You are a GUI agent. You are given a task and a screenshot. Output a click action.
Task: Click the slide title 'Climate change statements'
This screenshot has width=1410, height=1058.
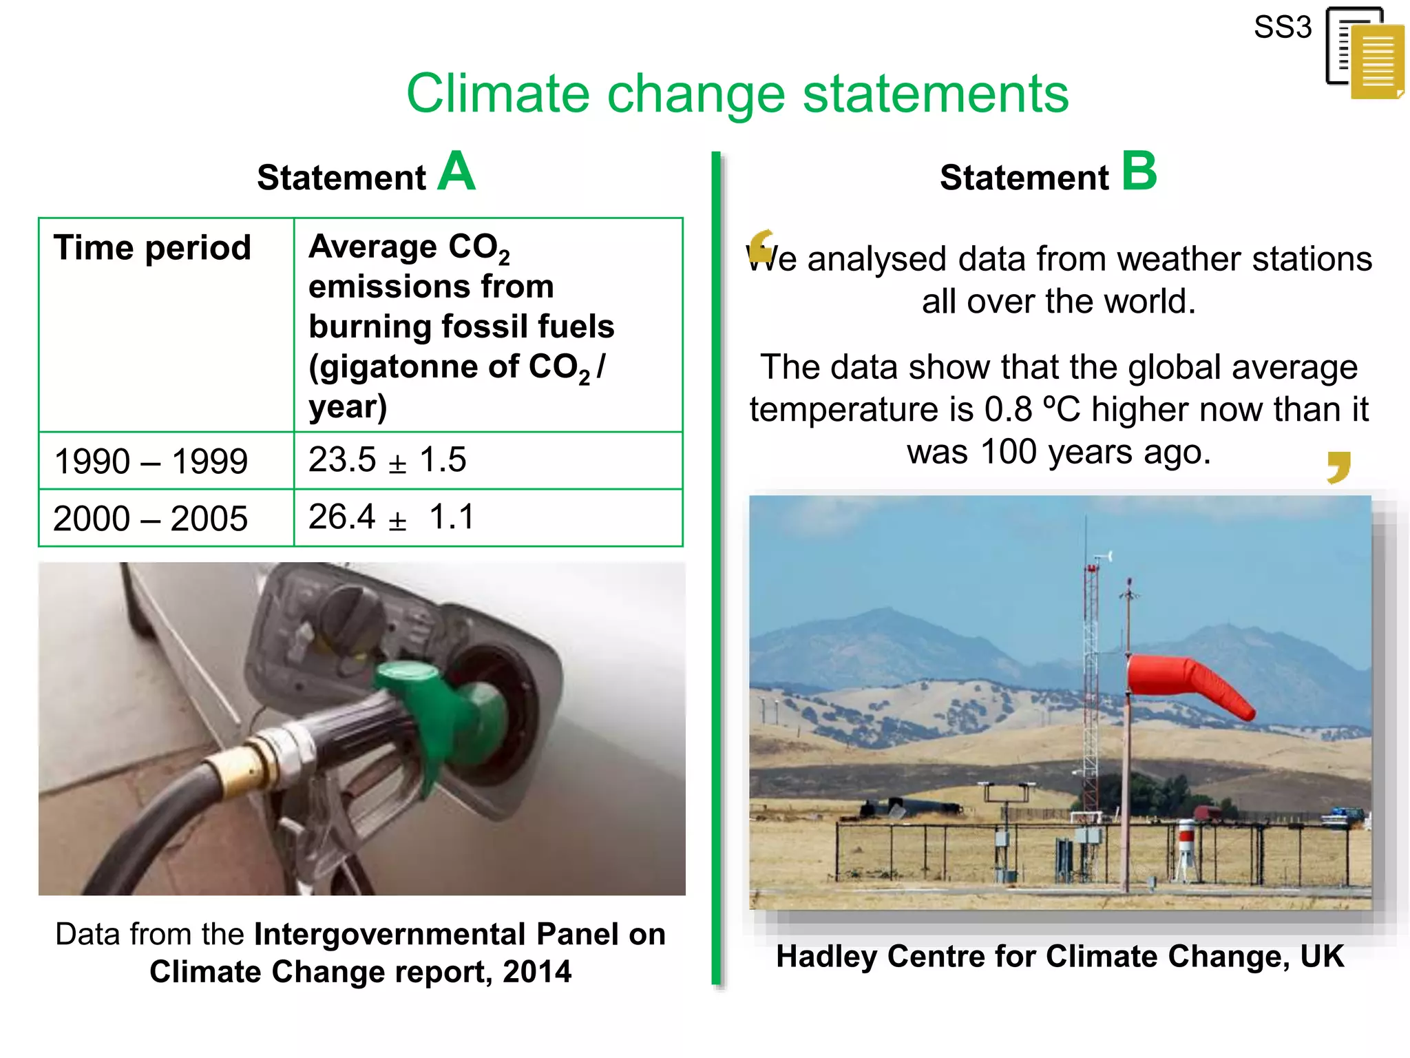pyautogui.click(x=737, y=94)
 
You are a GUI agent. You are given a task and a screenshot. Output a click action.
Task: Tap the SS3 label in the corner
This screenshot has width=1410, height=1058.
pyautogui.click(x=1282, y=28)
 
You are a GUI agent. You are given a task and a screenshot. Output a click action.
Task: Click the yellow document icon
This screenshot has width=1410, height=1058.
pyautogui.click(x=1376, y=62)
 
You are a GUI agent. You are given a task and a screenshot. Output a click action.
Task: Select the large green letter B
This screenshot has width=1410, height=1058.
pyautogui.click(x=1139, y=172)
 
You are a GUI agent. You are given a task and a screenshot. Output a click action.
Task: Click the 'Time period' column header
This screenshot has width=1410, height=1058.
pyautogui.click(x=152, y=247)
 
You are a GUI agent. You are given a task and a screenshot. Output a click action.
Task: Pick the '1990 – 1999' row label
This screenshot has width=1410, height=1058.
pyautogui.click(x=151, y=461)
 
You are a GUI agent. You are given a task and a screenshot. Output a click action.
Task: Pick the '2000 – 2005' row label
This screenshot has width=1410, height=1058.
pyautogui.click(x=150, y=518)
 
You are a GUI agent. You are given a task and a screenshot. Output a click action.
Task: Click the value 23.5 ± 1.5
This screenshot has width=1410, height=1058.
pyautogui.click(x=387, y=459)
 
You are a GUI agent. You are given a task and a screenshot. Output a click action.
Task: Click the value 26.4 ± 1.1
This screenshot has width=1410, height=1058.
pyautogui.click(x=391, y=517)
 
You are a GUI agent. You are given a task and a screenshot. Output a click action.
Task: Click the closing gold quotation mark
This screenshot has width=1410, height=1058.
pyautogui.click(x=1339, y=467)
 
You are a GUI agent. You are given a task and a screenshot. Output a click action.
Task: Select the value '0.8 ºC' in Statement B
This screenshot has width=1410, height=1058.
pyautogui.click(x=1032, y=410)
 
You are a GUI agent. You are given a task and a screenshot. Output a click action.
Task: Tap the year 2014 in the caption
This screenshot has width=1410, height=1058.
pyautogui.click(x=537, y=972)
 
